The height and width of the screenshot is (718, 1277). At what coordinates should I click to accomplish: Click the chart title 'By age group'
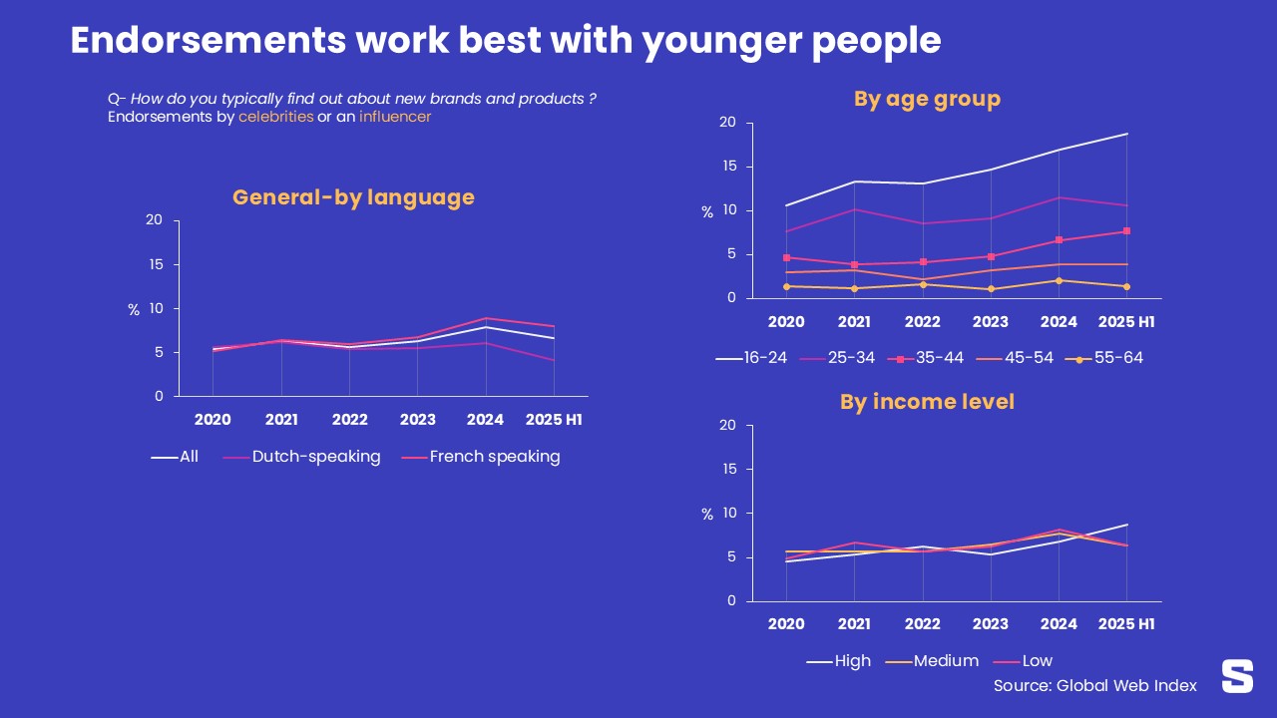coord(927,99)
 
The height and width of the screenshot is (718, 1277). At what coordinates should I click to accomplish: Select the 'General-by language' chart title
coord(353,197)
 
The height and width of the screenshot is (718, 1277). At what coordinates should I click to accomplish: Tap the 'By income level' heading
coord(927,402)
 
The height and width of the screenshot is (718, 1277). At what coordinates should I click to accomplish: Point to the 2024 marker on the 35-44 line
coord(1059,240)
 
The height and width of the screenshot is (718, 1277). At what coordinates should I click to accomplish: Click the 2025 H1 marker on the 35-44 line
coord(1126,231)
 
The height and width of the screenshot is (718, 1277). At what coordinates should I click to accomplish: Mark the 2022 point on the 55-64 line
coord(923,284)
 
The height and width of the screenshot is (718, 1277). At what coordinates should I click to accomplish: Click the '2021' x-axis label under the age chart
coord(854,322)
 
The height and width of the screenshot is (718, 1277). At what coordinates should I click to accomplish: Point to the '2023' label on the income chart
coord(991,625)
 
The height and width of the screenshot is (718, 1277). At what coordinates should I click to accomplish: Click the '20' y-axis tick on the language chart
coord(154,220)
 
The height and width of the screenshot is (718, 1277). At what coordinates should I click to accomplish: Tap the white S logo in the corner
coord(1237,675)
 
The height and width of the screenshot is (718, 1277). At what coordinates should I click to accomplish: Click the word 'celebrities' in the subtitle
coord(275,117)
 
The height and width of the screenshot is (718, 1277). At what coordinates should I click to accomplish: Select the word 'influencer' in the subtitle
coord(395,117)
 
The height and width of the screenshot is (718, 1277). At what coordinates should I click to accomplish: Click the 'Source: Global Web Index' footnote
coord(1094,686)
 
